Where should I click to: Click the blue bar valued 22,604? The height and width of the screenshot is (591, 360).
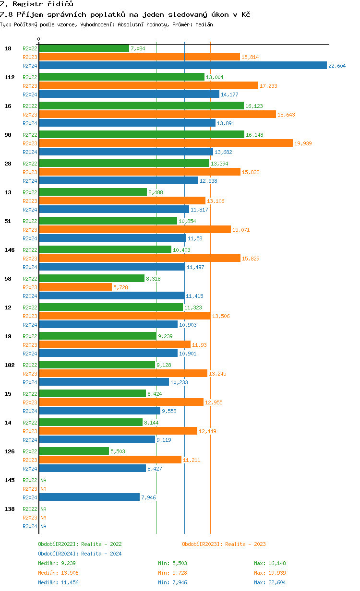pyautogui.click(x=182, y=66)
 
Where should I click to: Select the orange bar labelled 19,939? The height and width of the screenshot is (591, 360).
pyautogui.click(x=166, y=143)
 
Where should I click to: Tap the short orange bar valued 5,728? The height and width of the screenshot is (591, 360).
pyautogui.click(x=75, y=287)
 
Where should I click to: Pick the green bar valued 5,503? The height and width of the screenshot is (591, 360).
pyautogui.click(x=74, y=451)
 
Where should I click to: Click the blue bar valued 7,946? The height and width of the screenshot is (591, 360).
pyautogui.click(x=89, y=497)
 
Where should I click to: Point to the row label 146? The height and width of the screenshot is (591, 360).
pyautogui.click(x=10, y=250)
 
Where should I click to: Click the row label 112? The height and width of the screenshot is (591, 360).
pyautogui.click(x=10, y=77)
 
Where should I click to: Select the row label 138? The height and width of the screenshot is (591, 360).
pyautogui.click(x=10, y=509)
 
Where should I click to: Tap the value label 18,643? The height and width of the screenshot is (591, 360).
pyautogui.click(x=287, y=114)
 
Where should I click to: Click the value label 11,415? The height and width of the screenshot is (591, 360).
pyautogui.click(x=195, y=296)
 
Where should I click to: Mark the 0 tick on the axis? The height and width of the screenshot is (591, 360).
pyautogui.click(x=39, y=39)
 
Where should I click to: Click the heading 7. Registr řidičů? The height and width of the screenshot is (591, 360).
pyautogui.click(x=36, y=4)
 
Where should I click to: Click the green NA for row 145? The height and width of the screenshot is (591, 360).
pyautogui.click(x=43, y=480)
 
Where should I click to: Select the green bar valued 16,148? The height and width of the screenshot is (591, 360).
pyautogui.click(x=142, y=134)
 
